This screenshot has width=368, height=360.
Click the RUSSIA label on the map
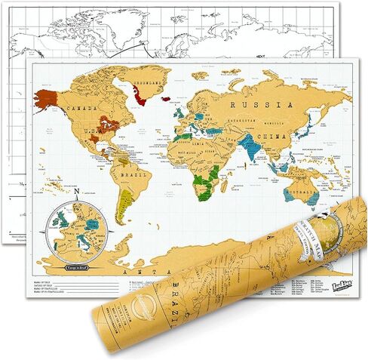tap(253, 105)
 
